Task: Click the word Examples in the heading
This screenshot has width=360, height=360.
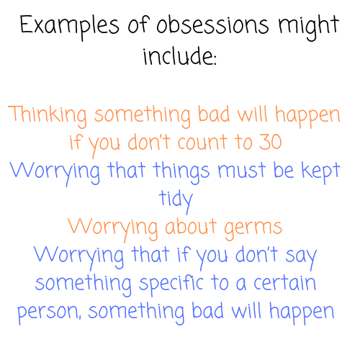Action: click(x=69, y=27)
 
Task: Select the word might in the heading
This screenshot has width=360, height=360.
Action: click(x=309, y=28)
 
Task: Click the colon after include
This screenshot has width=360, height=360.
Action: click(x=215, y=60)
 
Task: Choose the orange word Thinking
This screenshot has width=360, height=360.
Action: click(x=48, y=116)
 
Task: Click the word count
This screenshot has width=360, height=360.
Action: click(x=202, y=142)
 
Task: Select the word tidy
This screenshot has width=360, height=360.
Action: click(x=176, y=201)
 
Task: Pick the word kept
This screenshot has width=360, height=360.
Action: click(x=321, y=171)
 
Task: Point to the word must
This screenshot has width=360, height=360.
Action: click(x=242, y=170)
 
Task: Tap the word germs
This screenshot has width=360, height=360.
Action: click(x=253, y=229)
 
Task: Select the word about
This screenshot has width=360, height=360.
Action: click(x=191, y=226)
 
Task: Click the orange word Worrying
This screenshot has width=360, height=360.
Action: click(x=113, y=229)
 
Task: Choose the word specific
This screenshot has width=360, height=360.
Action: click(x=171, y=285)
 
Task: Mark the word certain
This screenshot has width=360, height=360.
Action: click(x=284, y=282)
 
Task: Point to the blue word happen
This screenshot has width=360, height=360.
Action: click(x=302, y=312)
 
